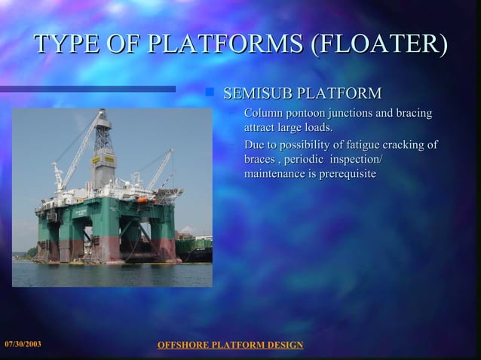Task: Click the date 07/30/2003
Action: point(23,344)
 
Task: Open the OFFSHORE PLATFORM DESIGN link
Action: point(230,345)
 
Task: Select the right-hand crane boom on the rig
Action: point(158,171)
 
